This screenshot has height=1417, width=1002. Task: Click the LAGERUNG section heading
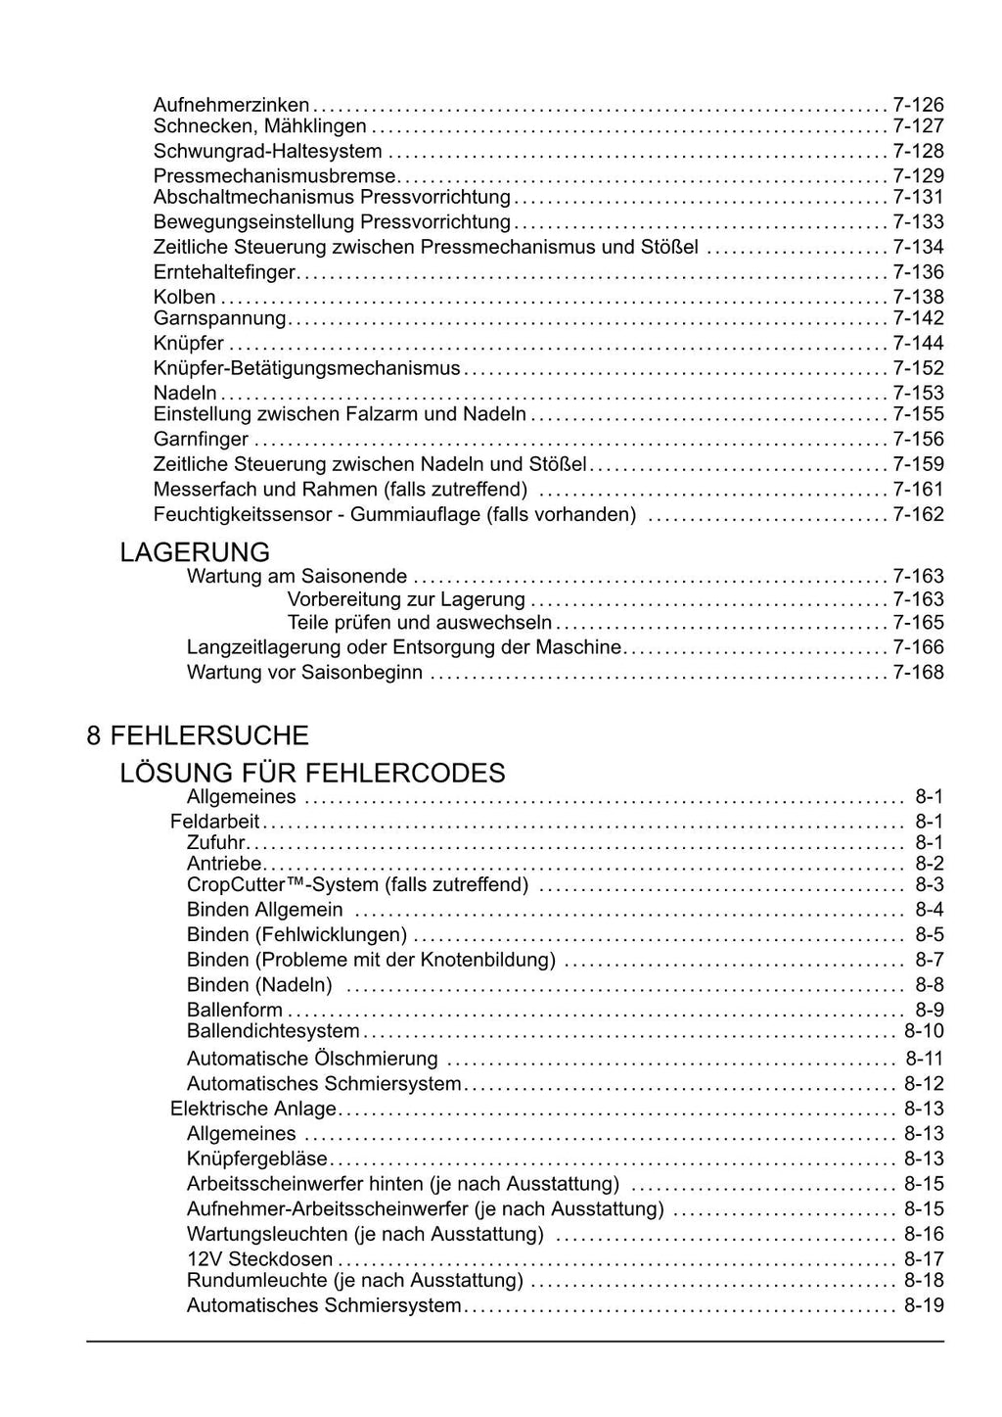[x=195, y=552]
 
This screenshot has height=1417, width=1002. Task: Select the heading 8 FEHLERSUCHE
[x=198, y=735]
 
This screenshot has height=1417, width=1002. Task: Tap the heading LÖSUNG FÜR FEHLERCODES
[x=312, y=773]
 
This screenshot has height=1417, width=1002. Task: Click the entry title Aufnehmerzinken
[x=231, y=104]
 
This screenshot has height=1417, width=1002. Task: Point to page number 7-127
[x=918, y=126]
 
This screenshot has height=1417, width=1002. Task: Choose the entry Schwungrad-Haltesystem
[x=267, y=151]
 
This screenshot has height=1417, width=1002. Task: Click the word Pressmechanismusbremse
[x=275, y=176]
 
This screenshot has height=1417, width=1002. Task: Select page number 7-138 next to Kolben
[x=918, y=297]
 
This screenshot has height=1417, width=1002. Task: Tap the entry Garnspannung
[x=219, y=318]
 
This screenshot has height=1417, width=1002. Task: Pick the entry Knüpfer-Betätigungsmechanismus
[x=306, y=368]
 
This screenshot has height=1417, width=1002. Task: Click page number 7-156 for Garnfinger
[x=918, y=439]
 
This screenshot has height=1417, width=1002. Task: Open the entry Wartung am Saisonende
[x=296, y=576]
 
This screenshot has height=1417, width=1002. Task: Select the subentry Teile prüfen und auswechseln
[x=420, y=623]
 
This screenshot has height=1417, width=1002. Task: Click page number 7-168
[x=918, y=672]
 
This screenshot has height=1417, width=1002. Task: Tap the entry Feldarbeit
[x=214, y=822]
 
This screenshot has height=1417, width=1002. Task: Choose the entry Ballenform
[x=235, y=1010]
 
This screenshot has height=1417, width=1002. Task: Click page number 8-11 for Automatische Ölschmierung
[x=924, y=1059]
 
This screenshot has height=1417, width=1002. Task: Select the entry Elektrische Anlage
[x=252, y=1109]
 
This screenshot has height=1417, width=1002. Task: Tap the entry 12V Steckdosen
[x=259, y=1259]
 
